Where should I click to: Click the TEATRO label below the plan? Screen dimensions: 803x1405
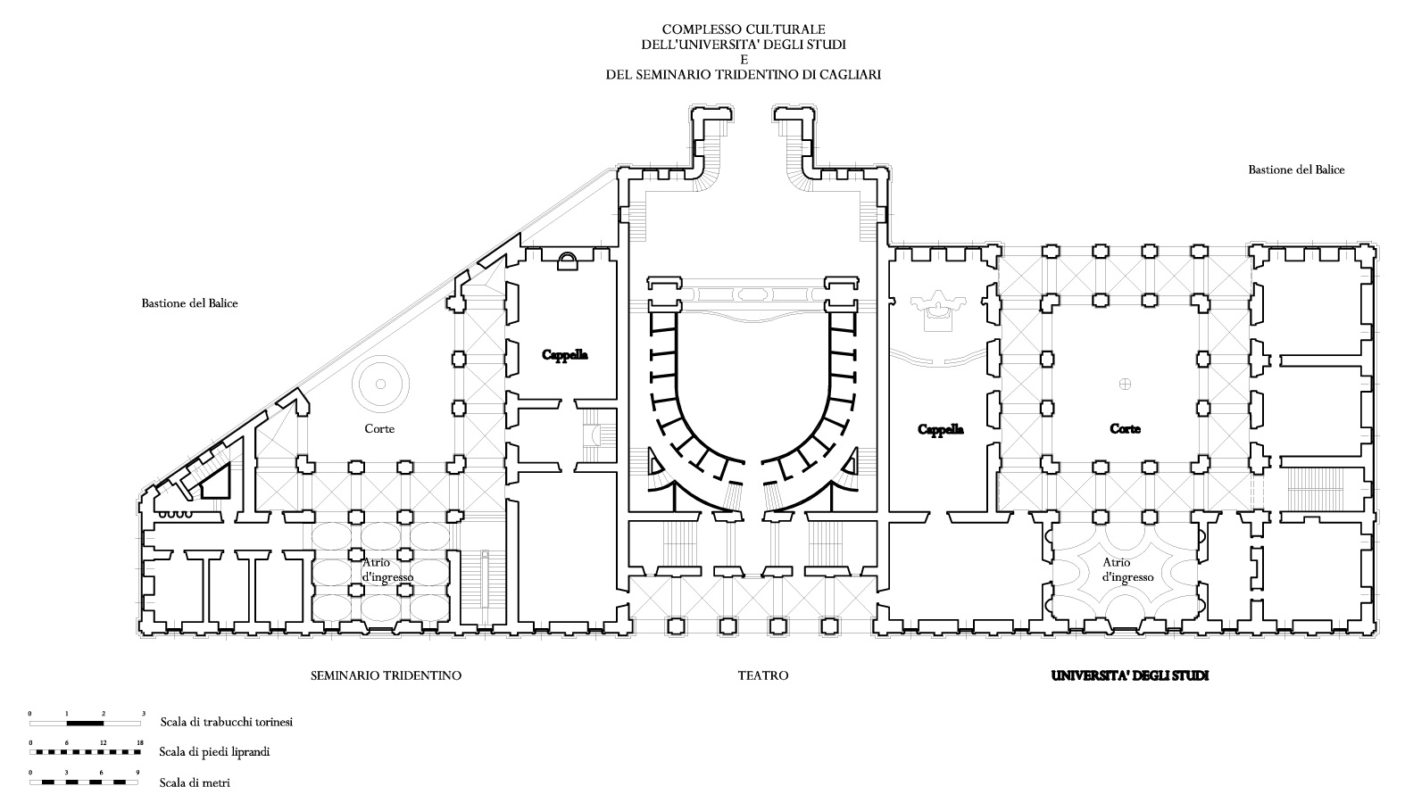pyautogui.click(x=762, y=675)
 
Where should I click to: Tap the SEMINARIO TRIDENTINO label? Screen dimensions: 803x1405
pyautogui.click(x=386, y=675)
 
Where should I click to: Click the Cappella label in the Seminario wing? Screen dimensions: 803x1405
pyautogui.click(x=565, y=354)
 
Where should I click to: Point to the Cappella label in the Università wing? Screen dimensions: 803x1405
pyautogui.click(x=941, y=429)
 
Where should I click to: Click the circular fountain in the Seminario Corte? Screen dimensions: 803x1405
pyautogui.click(x=379, y=384)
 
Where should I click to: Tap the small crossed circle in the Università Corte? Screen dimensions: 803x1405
pyautogui.click(x=1125, y=384)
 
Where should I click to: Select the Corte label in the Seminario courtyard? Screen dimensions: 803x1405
pyautogui.click(x=379, y=429)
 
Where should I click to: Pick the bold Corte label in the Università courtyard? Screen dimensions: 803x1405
pyautogui.click(x=1125, y=429)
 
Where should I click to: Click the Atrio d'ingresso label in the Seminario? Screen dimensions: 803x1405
pyautogui.click(x=387, y=569)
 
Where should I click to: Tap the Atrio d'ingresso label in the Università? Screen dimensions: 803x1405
pyautogui.click(x=1128, y=569)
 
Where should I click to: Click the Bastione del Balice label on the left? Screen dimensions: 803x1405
pyautogui.click(x=189, y=303)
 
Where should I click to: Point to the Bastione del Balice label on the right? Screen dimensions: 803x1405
pyautogui.click(x=1296, y=170)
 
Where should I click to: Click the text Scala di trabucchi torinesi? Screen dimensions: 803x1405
pyautogui.click(x=227, y=722)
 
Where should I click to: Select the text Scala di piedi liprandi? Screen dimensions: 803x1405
pyautogui.click(x=214, y=751)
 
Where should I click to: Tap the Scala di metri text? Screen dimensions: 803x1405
pyautogui.click(x=195, y=782)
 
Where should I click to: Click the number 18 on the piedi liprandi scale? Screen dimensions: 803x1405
pyautogui.click(x=138, y=743)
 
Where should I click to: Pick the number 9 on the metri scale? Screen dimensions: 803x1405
pyautogui.click(x=137, y=773)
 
